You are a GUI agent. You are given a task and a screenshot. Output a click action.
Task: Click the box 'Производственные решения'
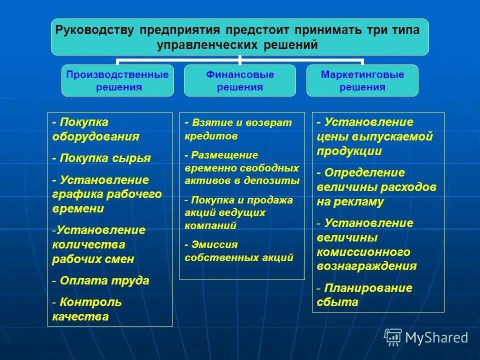tap(117, 80)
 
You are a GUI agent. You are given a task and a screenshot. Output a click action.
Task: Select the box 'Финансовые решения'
tap(240, 80)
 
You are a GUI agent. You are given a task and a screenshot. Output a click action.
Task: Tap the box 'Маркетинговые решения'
tap(362, 80)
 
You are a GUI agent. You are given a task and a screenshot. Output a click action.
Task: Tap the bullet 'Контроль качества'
tap(87, 309)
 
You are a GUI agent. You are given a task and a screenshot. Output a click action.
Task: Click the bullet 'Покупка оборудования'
tap(95, 129)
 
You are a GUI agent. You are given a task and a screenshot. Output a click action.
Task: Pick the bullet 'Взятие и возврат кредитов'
tap(237, 129)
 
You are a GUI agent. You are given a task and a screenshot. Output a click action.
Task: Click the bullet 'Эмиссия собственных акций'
tap(238, 251)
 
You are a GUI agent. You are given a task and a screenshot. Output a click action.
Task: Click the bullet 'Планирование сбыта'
tap(364, 295)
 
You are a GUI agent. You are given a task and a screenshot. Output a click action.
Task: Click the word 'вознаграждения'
tap(366, 266)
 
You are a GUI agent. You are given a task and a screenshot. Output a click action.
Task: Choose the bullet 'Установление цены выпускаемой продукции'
tap(374, 136)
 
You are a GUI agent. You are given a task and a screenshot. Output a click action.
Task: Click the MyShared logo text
tap(436, 337)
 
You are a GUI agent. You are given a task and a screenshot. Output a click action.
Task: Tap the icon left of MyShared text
tap(393, 337)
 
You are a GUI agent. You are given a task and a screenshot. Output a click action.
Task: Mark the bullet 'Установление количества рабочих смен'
tap(99, 244)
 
